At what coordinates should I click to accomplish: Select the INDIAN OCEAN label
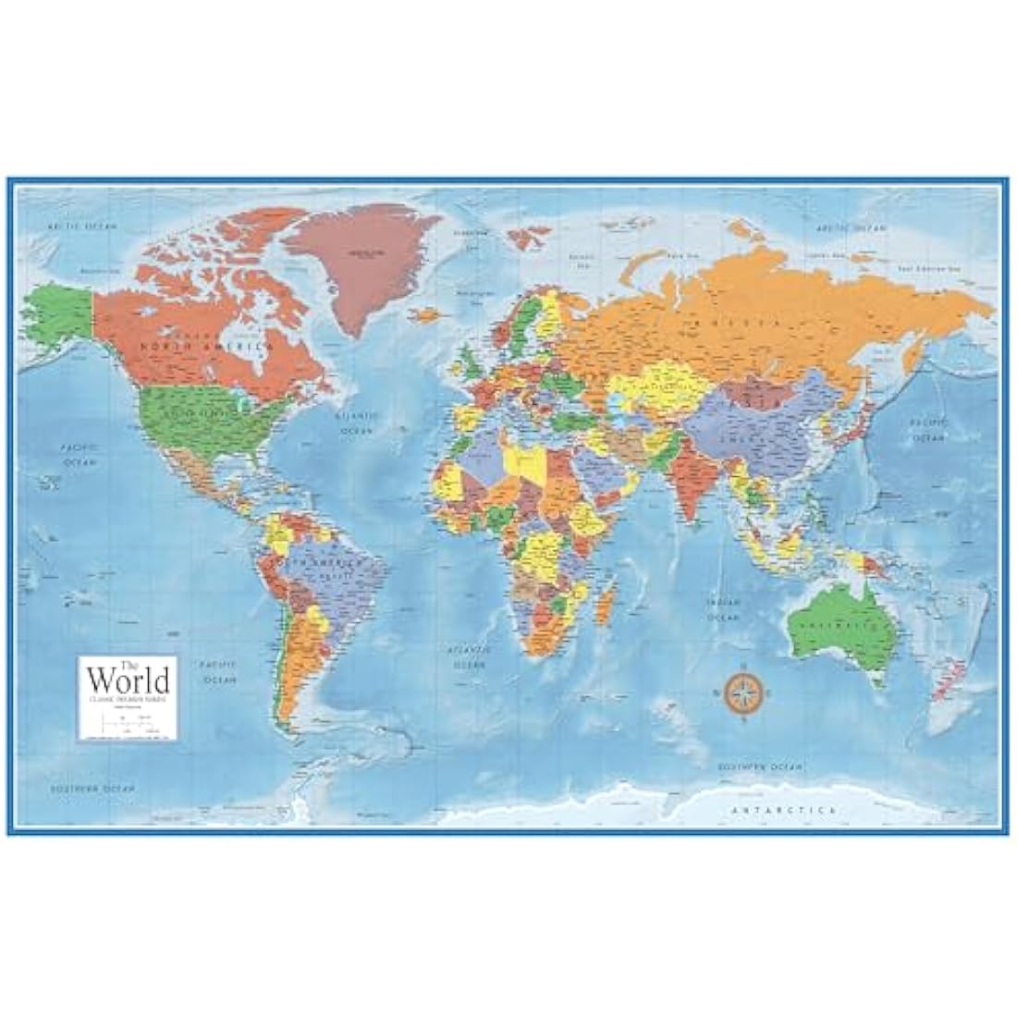(x=724, y=607)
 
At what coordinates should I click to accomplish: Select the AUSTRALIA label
(x=842, y=624)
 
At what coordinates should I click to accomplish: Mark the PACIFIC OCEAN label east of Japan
(x=927, y=427)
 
